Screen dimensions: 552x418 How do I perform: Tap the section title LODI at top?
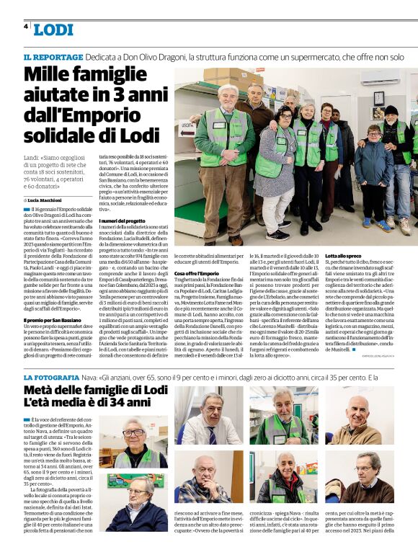pyautogui.click(x=53, y=30)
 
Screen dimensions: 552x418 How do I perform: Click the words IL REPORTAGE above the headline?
pyautogui.click(x=53, y=56)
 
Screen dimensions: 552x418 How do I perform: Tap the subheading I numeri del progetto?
pyautogui.click(x=122, y=220)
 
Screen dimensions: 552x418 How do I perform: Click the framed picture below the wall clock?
pyautogui.click(x=378, y=119)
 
